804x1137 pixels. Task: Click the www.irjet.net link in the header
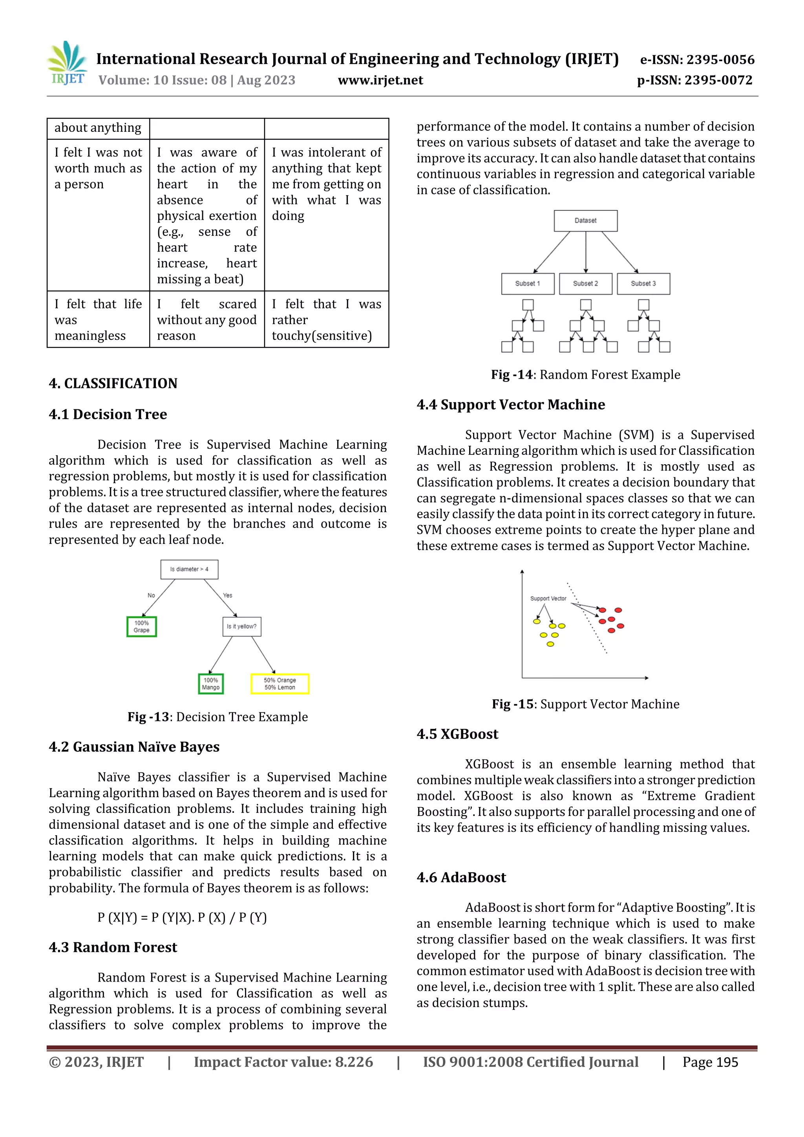(x=380, y=80)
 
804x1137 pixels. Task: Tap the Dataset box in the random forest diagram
(x=586, y=221)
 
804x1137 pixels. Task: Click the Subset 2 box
(x=586, y=284)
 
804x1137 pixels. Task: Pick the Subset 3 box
(x=643, y=284)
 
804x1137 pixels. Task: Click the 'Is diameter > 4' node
(x=189, y=569)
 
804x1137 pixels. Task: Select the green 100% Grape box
(x=142, y=626)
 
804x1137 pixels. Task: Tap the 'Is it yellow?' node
(x=242, y=626)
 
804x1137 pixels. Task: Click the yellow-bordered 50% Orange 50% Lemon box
(x=280, y=684)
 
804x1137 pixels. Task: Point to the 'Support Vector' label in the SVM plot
(x=548, y=598)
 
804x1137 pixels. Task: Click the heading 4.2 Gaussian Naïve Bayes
(x=134, y=747)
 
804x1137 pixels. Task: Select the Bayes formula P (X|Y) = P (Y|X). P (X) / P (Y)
(x=182, y=918)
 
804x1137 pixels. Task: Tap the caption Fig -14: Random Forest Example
(x=586, y=374)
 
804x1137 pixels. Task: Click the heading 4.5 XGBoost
(x=457, y=734)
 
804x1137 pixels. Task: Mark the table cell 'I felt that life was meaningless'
(x=98, y=319)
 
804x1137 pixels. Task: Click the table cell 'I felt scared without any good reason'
(x=206, y=319)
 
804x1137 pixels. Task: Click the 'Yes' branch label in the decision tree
(x=227, y=595)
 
